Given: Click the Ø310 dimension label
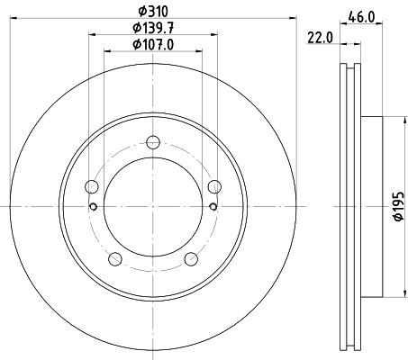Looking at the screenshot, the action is click(153, 12).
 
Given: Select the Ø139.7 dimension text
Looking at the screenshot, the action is click(153, 28).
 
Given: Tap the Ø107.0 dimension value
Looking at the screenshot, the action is click(153, 45).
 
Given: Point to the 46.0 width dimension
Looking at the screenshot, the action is click(361, 17).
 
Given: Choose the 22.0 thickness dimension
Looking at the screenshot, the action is click(320, 38).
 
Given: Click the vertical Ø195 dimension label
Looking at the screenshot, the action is click(399, 206).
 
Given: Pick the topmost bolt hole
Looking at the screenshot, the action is click(153, 142).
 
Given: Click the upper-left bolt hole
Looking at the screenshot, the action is click(92, 187).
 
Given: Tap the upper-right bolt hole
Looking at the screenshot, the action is click(214, 187).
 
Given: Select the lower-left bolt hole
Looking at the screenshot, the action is click(115, 259).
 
